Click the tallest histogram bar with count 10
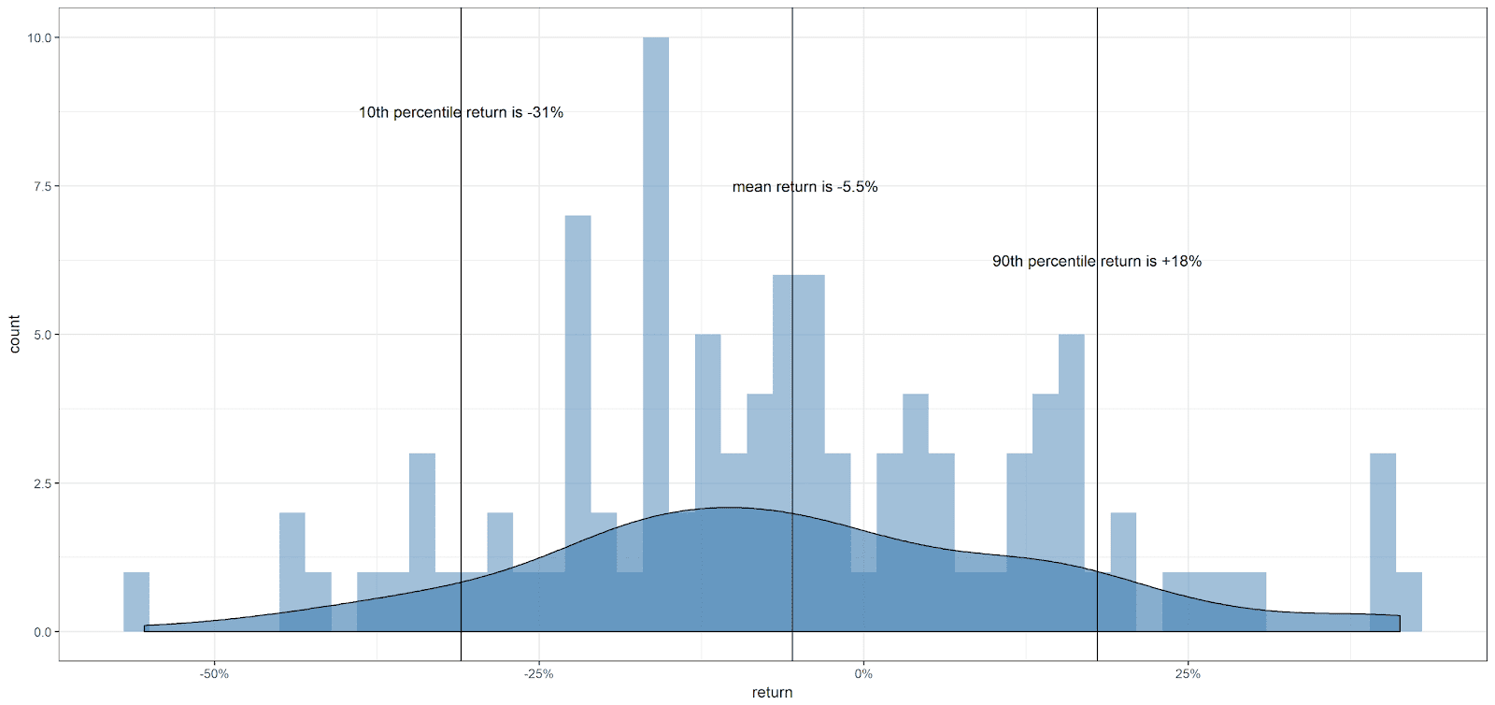click(655, 281)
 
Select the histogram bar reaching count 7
click(577, 374)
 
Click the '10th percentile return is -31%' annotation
click(461, 112)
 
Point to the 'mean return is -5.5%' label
click(804, 187)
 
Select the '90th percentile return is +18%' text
click(1096, 262)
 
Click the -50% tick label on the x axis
click(214, 673)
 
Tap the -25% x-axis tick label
click(538, 673)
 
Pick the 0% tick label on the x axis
click(862, 673)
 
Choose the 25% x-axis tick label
click(1187, 673)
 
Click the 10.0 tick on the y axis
click(38, 38)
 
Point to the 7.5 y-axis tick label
click(41, 186)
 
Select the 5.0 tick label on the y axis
click(41, 335)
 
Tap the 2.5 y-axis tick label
click(41, 483)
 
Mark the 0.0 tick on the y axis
click(41, 632)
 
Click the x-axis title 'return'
click(772, 693)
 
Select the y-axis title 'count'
click(14, 335)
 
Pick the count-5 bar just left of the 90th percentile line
click(1071, 449)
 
